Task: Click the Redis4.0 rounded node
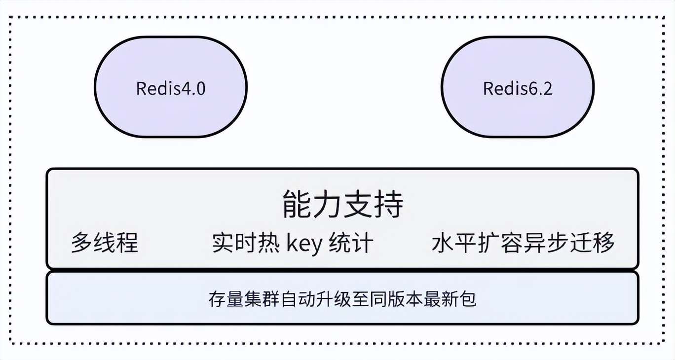(171, 87)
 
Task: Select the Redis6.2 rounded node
(517, 87)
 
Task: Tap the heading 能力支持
(342, 204)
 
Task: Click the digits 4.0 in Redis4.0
(193, 88)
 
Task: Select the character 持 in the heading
(389, 204)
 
